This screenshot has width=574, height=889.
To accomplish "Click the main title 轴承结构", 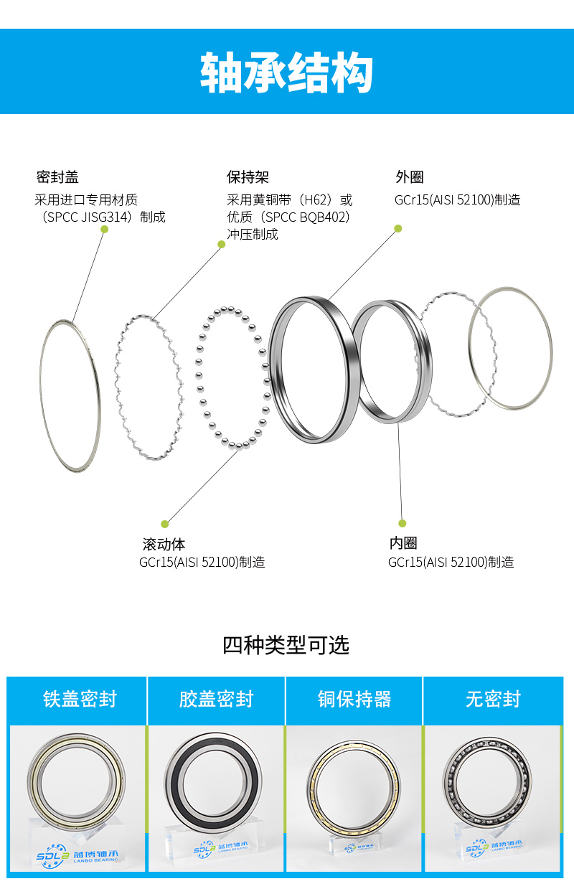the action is click(286, 72).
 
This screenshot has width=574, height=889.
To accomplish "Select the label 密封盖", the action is click(57, 177).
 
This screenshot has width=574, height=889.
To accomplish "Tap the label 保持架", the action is click(248, 177).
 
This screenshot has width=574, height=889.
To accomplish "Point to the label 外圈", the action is click(409, 177).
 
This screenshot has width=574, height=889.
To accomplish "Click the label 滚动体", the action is click(164, 544).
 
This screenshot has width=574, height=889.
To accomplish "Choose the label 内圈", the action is click(403, 543).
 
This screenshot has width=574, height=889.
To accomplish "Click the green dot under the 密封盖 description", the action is click(105, 229).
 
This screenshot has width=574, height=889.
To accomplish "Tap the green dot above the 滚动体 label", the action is click(165, 524).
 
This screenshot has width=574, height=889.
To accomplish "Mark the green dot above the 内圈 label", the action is click(402, 523).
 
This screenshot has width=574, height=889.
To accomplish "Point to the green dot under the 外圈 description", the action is click(397, 228).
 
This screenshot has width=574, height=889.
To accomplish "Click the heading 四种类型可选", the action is click(286, 645).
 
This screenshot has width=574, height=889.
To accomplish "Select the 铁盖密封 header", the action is click(80, 699).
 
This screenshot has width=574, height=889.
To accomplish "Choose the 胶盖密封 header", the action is click(217, 699).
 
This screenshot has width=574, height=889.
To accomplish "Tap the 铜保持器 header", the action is click(354, 699).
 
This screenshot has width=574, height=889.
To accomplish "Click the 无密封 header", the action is click(493, 699).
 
